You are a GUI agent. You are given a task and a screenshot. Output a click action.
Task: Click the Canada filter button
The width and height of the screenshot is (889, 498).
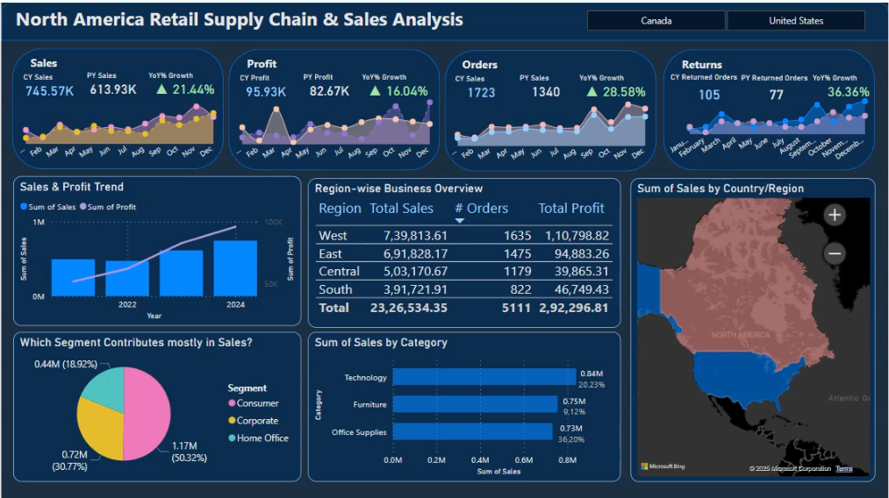(x=656, y=21)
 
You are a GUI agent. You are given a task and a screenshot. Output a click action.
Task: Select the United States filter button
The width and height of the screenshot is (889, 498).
(x=796, y=21)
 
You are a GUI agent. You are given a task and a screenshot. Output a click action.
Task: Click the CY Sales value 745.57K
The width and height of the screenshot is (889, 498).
(x=49, y=90)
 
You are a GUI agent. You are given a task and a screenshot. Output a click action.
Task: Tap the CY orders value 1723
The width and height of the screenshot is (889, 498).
(x=481, y=92)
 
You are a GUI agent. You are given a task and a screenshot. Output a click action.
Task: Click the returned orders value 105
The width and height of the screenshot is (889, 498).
(x=709, y=95)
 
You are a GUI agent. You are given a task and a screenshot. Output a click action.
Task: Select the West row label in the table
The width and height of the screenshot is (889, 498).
(x=333, y=235)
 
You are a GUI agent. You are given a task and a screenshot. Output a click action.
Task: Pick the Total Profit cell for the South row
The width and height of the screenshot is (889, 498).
(x=574, y=289)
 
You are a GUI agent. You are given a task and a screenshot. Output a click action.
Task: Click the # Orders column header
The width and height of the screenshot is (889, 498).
(x=481, y=209)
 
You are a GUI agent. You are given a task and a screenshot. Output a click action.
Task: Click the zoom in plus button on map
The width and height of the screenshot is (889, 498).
(x=835, y=215)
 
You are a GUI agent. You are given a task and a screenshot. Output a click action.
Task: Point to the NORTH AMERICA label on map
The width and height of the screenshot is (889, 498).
(x=741, y=335)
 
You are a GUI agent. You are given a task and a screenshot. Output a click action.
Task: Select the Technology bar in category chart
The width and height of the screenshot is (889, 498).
(x=484, y=377)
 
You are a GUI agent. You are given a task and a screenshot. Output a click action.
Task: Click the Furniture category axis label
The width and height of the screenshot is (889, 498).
(x=369, y=405)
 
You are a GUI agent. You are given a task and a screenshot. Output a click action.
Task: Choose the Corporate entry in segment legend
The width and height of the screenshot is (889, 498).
(x=257, y=421)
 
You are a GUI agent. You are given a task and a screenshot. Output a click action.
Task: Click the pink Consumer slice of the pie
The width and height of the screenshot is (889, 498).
(x=147, y=412)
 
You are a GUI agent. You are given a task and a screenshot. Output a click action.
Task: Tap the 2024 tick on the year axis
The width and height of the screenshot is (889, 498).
(x=235, y=305)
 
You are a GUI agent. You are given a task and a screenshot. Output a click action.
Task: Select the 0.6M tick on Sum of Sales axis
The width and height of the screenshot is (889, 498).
(x=524, y=460)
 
